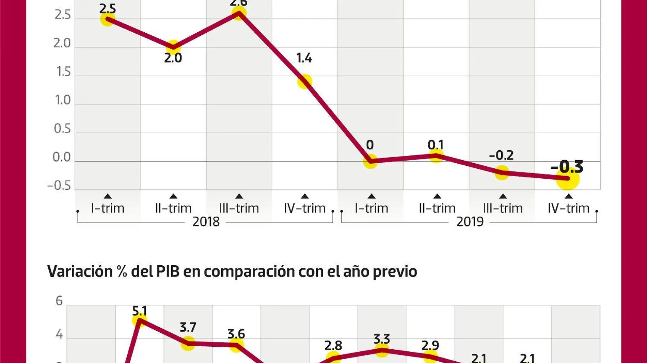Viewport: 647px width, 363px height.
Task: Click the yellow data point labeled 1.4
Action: pos(304,82)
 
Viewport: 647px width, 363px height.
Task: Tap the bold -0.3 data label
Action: pos(567,166)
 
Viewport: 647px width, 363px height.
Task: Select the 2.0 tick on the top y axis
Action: pos(62,43)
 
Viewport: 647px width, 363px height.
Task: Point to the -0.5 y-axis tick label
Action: pos(59,186)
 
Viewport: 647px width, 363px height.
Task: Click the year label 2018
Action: pos(206,222)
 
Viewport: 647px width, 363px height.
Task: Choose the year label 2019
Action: pos(470,222)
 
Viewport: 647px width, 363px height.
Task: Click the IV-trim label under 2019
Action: pos(568,208)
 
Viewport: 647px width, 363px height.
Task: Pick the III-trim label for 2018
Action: pos(239,208)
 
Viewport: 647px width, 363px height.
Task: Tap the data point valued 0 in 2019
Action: pos(370,161)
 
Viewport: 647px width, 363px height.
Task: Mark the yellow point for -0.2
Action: pos(502,173)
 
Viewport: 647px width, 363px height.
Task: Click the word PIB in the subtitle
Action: pos(168,271)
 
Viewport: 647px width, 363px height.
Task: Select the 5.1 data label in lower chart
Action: pos(139,311)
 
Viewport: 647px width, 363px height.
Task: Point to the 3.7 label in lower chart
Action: pos(188,327)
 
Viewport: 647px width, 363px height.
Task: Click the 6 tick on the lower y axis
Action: pos(59,301)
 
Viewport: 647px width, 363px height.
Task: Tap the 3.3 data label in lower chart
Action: pos(382,339)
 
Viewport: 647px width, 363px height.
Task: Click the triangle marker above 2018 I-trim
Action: pos(108,196)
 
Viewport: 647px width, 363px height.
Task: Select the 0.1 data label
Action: pos(436,145)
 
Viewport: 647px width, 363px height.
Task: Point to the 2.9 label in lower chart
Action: pos(430,346)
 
